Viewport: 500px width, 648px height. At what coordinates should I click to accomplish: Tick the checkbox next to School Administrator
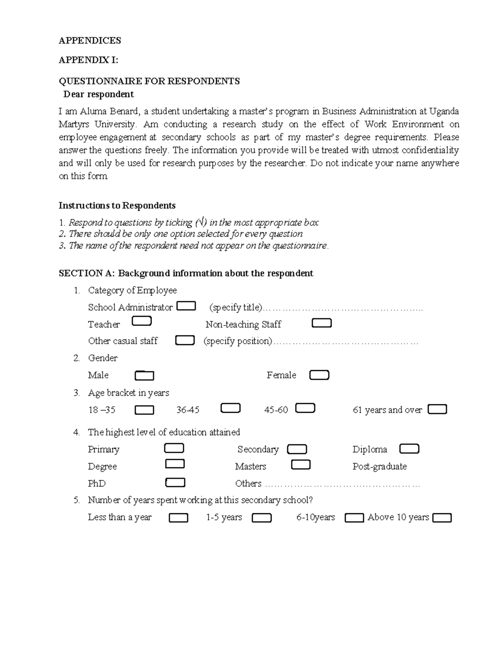click(x=186, y=306)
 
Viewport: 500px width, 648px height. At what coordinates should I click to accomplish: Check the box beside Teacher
click(x=142, y=321)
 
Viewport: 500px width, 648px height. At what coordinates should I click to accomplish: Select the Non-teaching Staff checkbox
click(x=322, y=323)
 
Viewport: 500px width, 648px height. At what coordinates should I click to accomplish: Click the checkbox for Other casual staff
click(x=185, y=340)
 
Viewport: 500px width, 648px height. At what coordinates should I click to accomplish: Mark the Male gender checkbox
click(x=145, y=376)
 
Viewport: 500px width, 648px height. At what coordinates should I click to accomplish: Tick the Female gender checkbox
click(x=319, y=375)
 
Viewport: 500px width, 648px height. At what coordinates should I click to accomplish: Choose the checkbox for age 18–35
click(x=145, y=410)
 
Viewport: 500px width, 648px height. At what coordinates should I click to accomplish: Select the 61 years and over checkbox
click(x=437, y=409)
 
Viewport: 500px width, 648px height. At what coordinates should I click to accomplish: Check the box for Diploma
click(x=409, y=449)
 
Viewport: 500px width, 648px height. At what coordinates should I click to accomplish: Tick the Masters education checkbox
click(x=300, y=465)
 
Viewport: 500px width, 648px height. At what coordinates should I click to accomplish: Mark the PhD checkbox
click(x=175, y=483)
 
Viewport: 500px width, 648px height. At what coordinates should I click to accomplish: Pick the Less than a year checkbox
click(x=178, y=518)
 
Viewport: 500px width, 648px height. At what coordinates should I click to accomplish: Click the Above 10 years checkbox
click(x=442, y=518)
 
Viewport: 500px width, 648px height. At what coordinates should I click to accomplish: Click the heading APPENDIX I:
click(x=88, y=60)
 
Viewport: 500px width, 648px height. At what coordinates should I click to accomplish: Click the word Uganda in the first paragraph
click(x=444, y=111)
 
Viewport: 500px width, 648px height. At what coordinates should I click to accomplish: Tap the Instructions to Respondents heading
click(x=117, y=205)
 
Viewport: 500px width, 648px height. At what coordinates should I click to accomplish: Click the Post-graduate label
click(x=380, y=466)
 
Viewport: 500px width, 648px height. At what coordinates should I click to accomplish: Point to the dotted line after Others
click(x=342, y=484)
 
